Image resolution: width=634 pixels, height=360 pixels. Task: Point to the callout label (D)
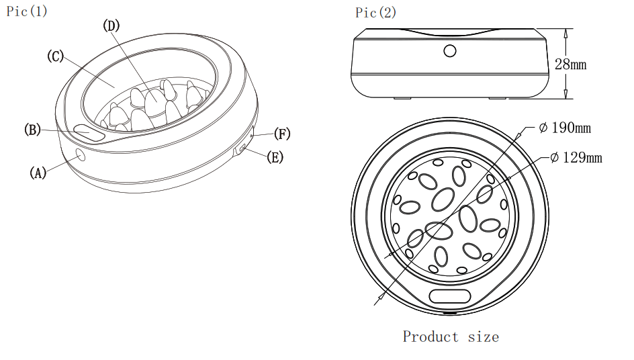click(111, 26)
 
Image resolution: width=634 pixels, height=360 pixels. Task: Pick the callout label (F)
click(282, 134)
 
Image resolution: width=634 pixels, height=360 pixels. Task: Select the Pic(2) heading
click(376, 13)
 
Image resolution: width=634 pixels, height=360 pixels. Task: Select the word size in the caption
click(483, 336)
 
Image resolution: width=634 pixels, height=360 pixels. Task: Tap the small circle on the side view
click(449, 50)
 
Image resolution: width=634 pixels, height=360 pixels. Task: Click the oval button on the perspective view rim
click(89, 133)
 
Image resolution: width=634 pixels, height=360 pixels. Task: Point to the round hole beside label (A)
click(81, 155)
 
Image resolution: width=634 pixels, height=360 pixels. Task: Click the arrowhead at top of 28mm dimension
click(566, 32)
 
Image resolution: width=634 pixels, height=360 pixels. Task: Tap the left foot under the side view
click(402, 98)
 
